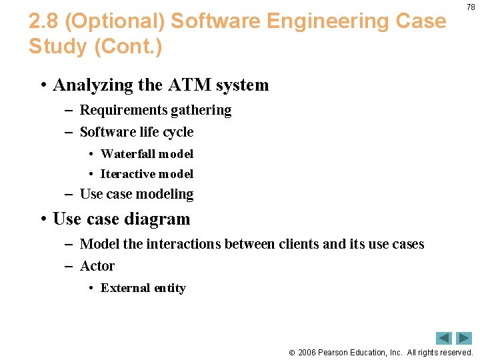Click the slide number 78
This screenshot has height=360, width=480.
click(471, 7)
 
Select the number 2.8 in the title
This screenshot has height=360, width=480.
click(45, 21)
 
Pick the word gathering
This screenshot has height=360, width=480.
click(201, 110)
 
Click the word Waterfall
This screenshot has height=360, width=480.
click(127, 154)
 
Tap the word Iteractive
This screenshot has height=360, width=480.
click(127, 174)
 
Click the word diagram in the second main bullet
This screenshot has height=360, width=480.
click(157, 219)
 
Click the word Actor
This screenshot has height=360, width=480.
click(97, 266)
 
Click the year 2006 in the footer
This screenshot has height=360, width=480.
click(308, 352)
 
